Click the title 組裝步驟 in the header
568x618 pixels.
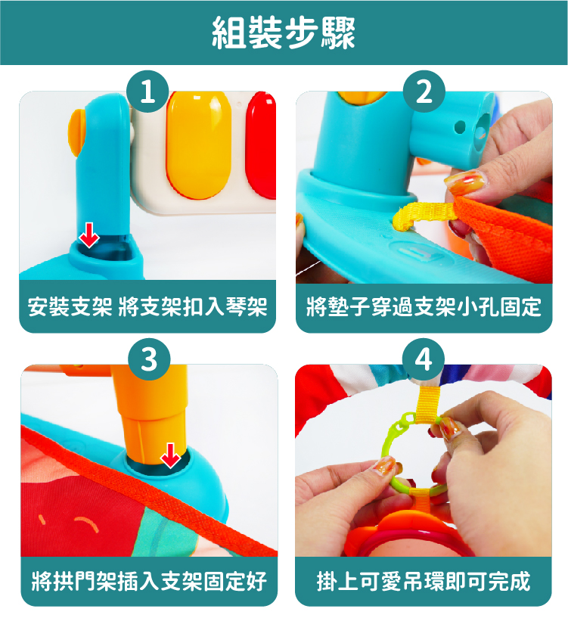pos(284,33)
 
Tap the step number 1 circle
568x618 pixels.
pos(147,92)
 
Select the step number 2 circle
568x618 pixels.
pos(424,92)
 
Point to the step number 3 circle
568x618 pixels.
pos(150,359)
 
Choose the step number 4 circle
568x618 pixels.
pos(424,359)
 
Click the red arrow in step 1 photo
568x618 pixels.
pos(89,235)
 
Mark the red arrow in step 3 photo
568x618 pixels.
pos(171,455)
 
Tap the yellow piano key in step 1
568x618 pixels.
pos(198,144)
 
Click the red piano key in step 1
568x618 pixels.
pos(260,145)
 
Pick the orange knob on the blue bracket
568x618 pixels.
pos(77,132)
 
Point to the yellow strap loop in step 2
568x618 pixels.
pos(424,214)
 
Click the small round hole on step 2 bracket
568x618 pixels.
pos(460,127)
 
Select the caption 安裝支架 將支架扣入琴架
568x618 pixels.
pos(147,307)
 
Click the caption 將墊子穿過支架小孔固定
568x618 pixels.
pos(424,307)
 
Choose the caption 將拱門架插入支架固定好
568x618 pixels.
pos(149,581)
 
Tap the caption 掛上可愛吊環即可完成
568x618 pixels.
pos(424,581)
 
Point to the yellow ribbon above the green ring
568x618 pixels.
pos(429,405)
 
